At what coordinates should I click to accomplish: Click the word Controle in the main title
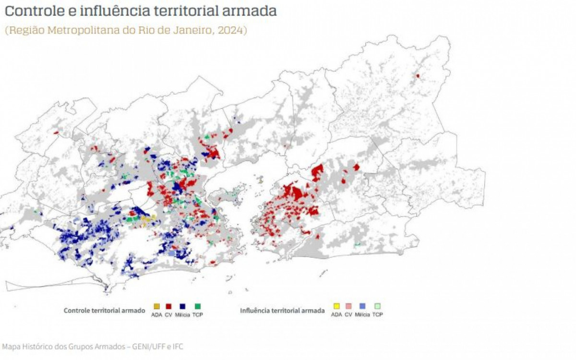33,11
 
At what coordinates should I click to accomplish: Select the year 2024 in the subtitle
230,30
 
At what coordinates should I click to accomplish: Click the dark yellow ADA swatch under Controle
156,306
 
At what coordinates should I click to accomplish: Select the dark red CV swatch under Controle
168,306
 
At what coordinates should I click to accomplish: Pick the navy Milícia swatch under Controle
182,306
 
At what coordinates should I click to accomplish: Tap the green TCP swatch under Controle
197,306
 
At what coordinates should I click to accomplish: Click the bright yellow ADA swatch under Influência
336,306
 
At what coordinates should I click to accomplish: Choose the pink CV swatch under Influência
348,306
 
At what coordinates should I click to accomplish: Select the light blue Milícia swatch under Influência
362,306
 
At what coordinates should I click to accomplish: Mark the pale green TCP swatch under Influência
377,306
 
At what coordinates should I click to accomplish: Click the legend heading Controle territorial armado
104,311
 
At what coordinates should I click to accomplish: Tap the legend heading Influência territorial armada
282,311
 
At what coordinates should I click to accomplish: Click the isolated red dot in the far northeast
418,76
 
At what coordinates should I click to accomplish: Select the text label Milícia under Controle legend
182,315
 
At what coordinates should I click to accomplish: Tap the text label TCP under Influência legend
377,315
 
